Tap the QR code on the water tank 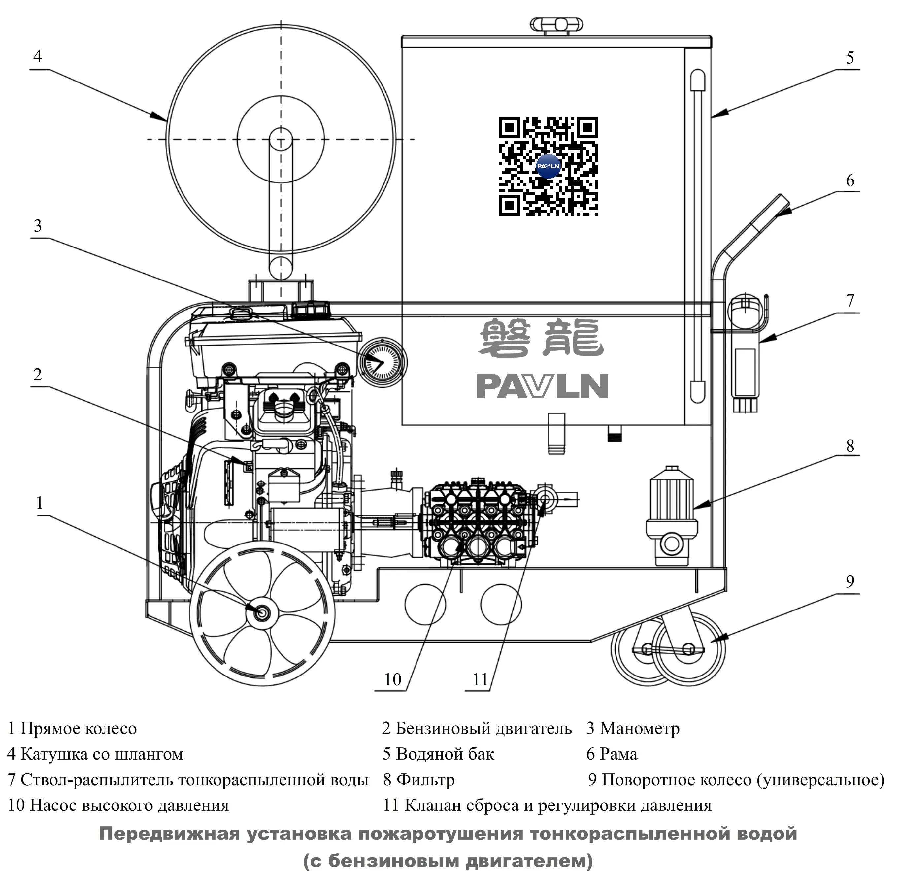pos(548,166)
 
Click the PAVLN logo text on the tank pos(542,387)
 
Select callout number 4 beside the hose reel pos(38,57)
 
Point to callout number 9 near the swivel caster pos(850,581)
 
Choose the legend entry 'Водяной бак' pos(444,754)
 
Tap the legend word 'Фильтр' pos(425,780)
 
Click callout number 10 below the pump pos(392,680)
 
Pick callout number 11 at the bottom pos(480,680)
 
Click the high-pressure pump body pos(477,523)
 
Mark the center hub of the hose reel pos(281,139)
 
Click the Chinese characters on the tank pos(541,338)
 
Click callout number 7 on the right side pos(850,301)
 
